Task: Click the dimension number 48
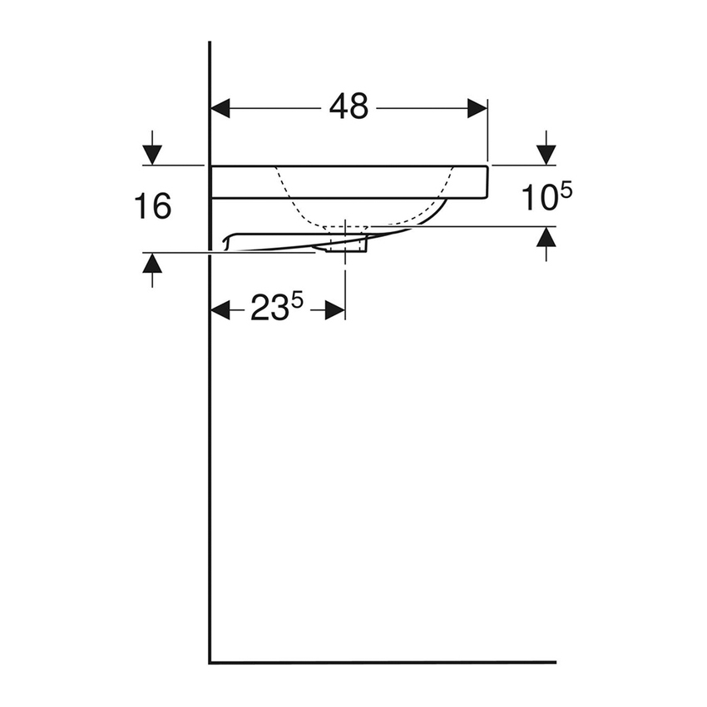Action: [349, 106]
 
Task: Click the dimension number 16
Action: [153, 205]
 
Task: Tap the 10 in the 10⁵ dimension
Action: [538, 199]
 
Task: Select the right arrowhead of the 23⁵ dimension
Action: [334, 310]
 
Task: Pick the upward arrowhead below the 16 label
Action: [151, 264]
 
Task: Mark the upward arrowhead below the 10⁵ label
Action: [546, 237]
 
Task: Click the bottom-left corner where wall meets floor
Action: [210, 662]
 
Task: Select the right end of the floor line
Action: [554, 662]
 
